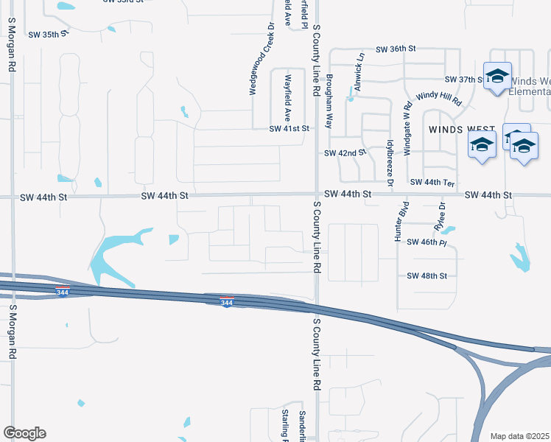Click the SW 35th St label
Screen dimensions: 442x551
click(44, 34)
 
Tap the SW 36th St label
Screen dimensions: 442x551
click(396, 49)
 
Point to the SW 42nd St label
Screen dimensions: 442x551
click(345, 153)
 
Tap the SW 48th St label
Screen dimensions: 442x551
click(427, 276)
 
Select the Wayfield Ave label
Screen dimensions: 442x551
click(287, 97)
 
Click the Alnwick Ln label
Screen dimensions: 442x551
click(360, 75)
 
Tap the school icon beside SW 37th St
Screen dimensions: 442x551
click(497, 77)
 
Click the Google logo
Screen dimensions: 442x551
click(24, 432)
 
